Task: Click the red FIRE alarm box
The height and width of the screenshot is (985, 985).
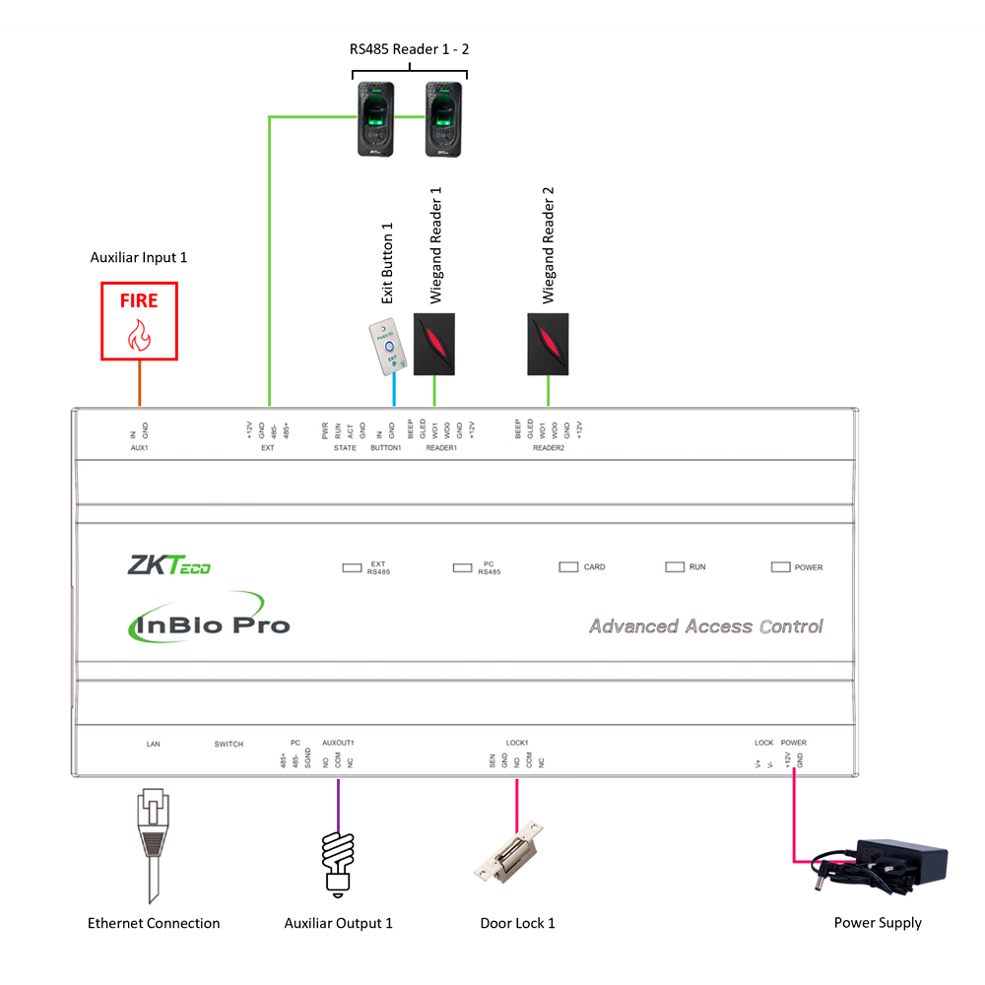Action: [139, 321]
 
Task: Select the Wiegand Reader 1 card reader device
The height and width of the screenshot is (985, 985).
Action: [434, 344]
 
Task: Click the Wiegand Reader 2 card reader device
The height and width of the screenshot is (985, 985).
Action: [548, 344]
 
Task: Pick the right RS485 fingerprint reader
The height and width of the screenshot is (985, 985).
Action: [444, 118]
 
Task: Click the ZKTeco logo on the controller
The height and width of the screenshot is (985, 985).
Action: [168, 565]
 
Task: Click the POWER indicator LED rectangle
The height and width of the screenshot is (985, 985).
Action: [780, 566]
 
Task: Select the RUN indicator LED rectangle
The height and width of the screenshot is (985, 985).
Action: [674, 566]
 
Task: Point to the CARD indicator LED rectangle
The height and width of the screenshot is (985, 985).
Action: [568, 566]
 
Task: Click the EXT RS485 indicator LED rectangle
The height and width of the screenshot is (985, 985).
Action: [352, 567]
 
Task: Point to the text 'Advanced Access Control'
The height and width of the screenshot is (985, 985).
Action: [705, 626]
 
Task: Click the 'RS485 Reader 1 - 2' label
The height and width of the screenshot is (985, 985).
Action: [409, 49]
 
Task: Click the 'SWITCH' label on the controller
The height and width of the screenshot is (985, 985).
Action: [228, 744]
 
